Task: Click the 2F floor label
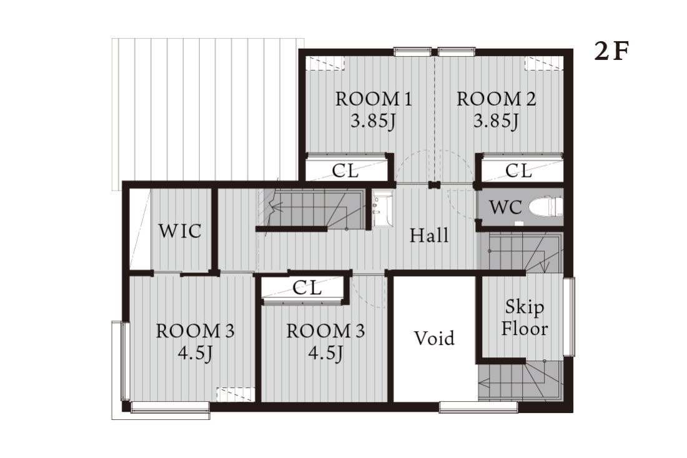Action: (x=611, y=52)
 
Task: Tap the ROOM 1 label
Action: (x=373, y=99)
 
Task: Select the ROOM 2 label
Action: (x=496, y=99)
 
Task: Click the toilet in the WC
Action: (x=545, y=206)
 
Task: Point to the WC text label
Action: (x=505, y=207)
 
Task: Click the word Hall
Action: (x=429, y=236)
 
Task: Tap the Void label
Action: (x=434, y=338)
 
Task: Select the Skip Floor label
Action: (x=525, y=318)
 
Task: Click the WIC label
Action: (x=180, y=231)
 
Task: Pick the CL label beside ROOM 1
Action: (x=345, y=171)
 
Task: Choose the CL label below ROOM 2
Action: (x=518, y=170)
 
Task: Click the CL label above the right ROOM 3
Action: (x=307, y=287)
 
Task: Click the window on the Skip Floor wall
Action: (x=569, y=316)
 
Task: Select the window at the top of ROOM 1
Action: (x=412, y=52)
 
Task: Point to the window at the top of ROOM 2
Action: (x=456, y=52)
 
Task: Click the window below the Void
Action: (x=478, y=407)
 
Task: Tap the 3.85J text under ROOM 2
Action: (x=496, y=121)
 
